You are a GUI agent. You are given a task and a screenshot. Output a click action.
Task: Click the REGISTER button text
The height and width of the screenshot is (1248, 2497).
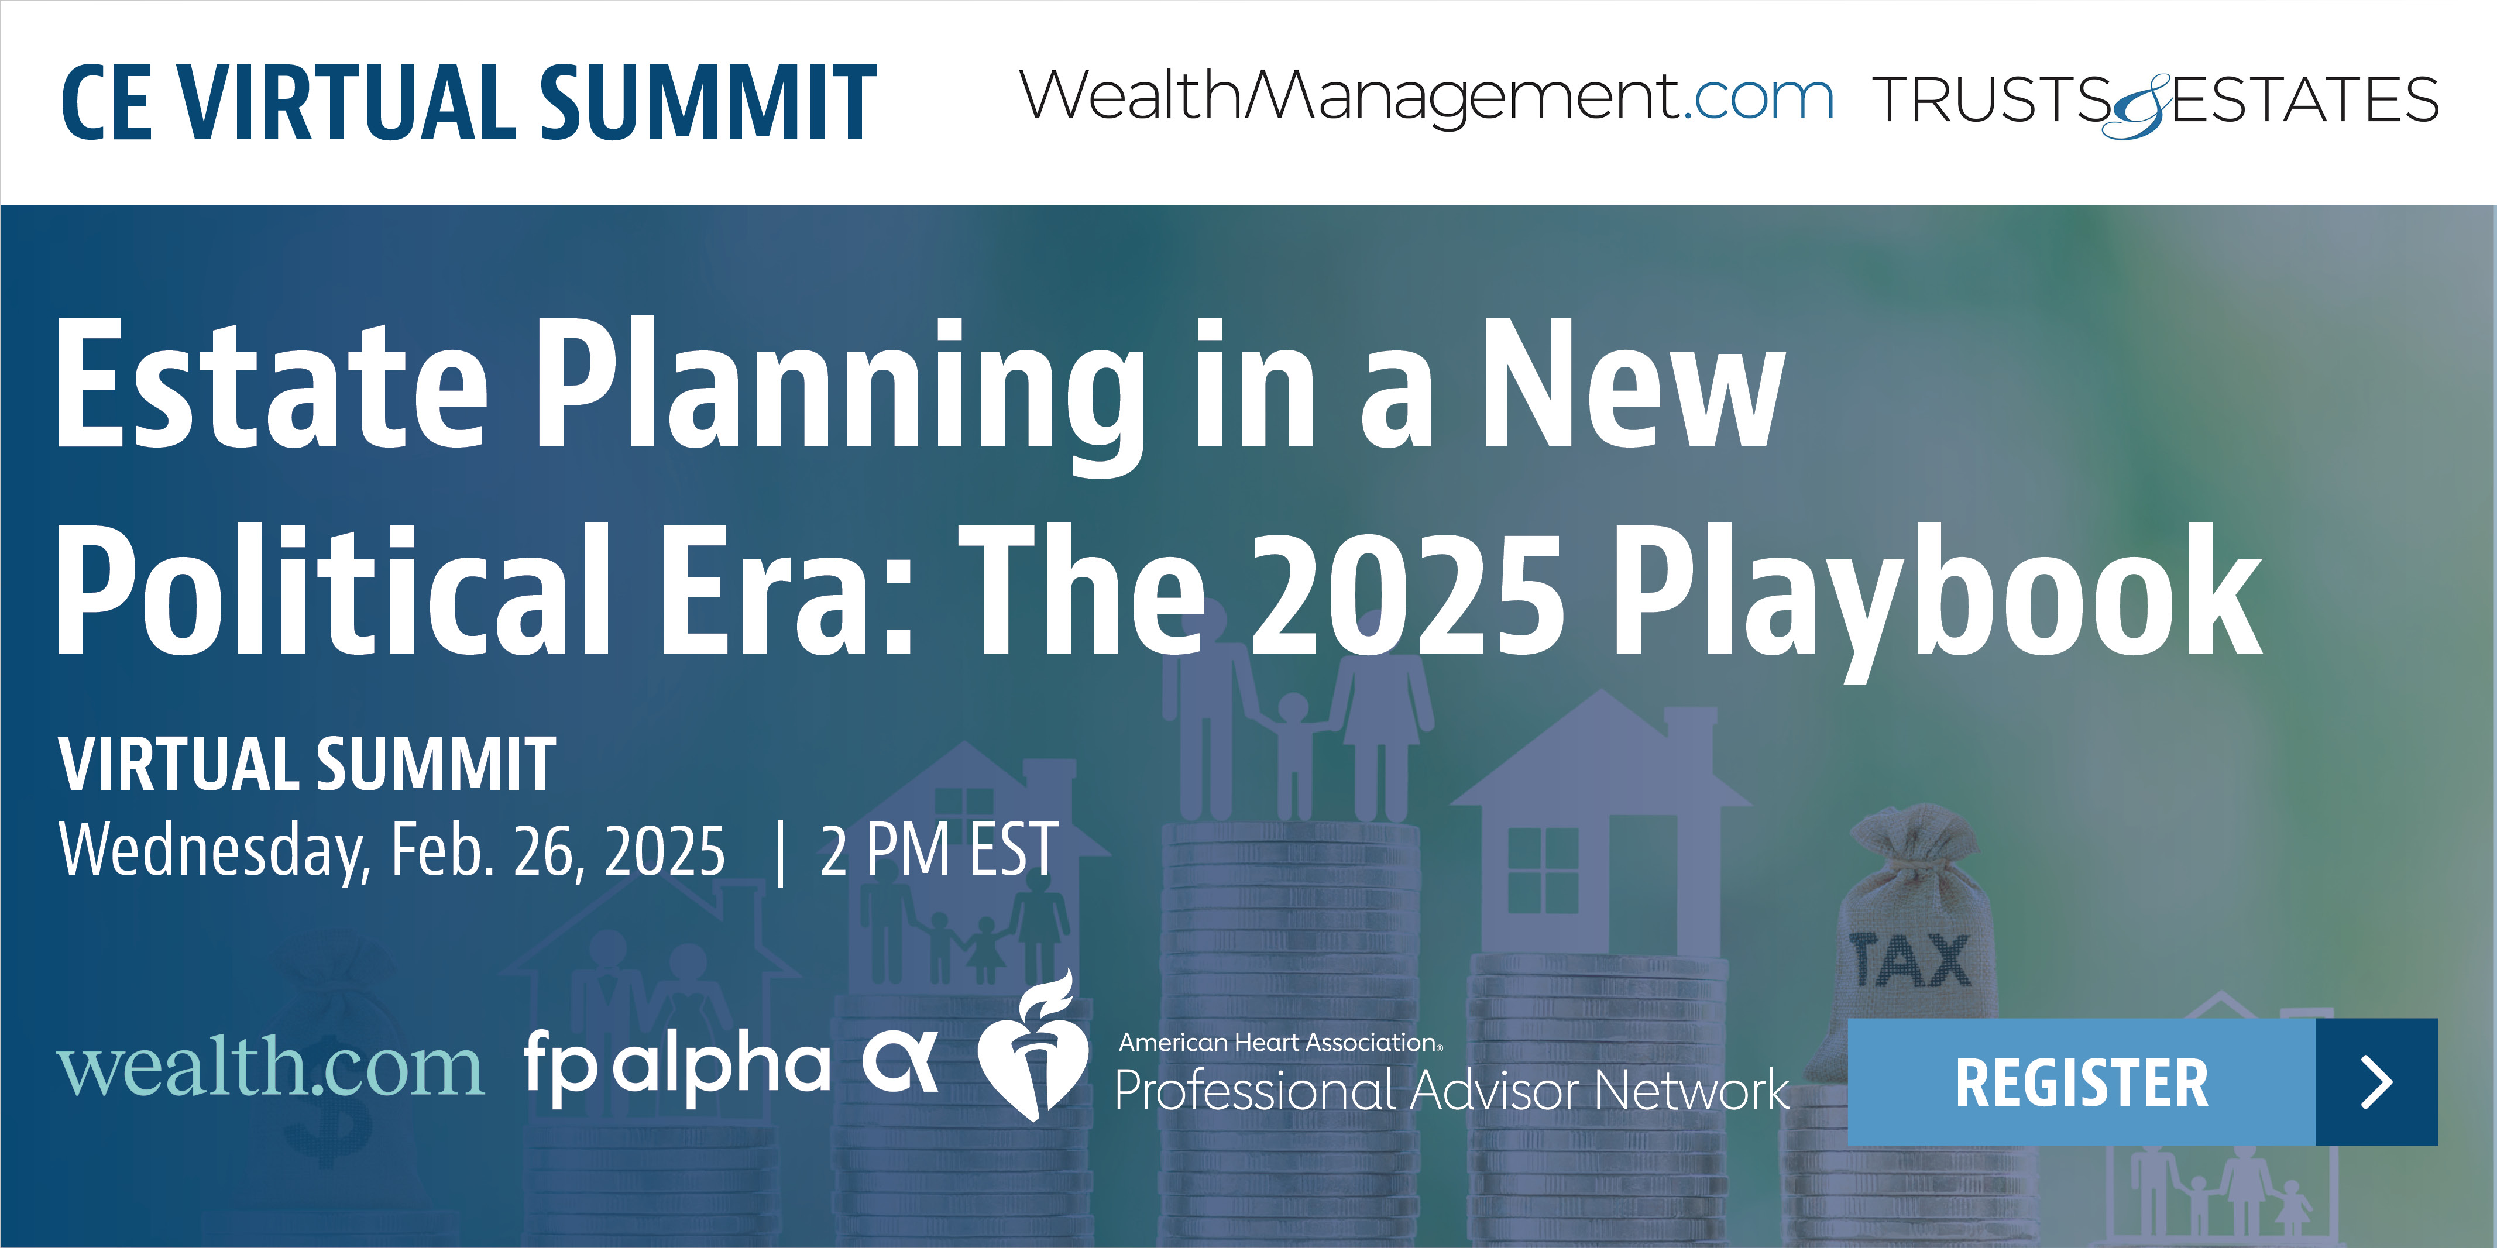2081,1082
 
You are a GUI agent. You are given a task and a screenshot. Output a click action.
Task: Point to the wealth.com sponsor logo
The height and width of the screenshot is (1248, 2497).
270,1066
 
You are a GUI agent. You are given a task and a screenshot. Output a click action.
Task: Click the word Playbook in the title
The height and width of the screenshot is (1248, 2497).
1936,595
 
